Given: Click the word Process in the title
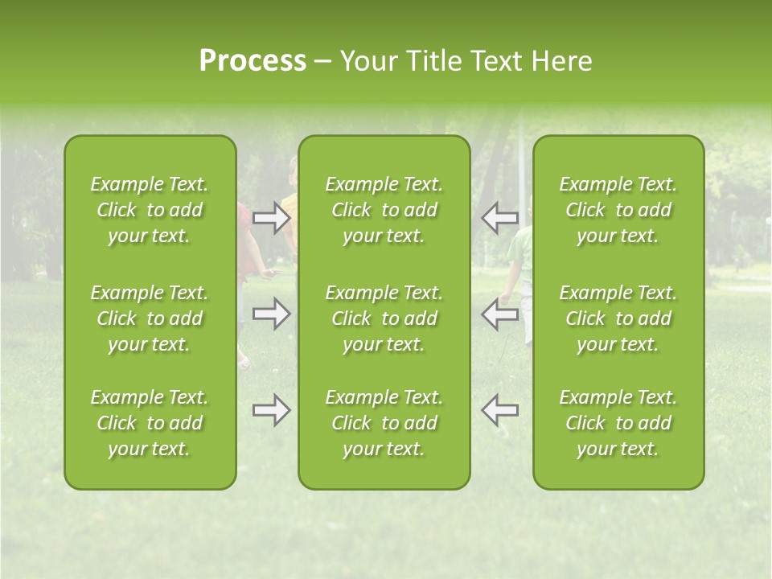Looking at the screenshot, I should pos(253,61).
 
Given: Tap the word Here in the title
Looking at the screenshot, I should pos(562,61).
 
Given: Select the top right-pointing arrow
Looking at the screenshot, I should pos(272,217).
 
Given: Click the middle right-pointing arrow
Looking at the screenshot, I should pos(272,314).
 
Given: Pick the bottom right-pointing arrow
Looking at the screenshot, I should pos(272,410).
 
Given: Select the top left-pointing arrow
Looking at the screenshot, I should pos(499,217).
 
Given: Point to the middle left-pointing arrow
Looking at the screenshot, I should pos(499,314).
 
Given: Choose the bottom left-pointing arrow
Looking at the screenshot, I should pos(499,410).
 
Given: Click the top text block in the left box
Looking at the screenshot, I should pos(150,210).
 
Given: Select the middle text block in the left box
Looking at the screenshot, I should pos(150,318).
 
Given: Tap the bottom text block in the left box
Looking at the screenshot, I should pos(150,423).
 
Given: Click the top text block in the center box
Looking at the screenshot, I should pos(384,210).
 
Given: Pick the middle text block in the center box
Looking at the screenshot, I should pos(384,318).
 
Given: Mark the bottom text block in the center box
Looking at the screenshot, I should pos(384,423).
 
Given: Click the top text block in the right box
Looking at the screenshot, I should pos(618,210).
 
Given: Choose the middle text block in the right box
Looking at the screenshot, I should pos(618,318).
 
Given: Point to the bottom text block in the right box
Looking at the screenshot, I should pos(618,423).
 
